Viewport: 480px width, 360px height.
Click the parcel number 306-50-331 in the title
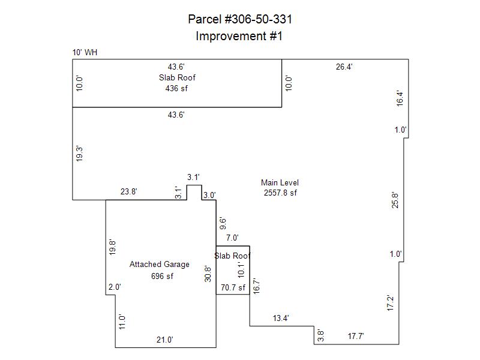coord(258,19)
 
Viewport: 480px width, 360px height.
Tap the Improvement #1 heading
coord(239,36)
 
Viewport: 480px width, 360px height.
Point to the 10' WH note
coord(85,52)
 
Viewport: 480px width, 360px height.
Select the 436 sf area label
coord(176,88)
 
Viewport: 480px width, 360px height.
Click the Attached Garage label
coord(160,265)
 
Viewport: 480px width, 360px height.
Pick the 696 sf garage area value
coord(162,276)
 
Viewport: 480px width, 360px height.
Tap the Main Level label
coord(280,183)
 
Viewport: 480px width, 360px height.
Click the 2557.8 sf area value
coord(280,193)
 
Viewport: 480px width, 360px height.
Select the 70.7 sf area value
coord(233,288)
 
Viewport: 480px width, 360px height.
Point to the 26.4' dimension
coord(344,67)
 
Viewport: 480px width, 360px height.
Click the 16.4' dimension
coord(400,98)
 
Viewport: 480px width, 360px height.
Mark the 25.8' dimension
coord(395,200)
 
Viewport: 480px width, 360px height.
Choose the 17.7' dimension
coord(356,336)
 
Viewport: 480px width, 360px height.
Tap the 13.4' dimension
coord(281,318)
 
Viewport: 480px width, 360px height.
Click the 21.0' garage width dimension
coord(164,340)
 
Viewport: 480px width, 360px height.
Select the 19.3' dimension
coord(79,154)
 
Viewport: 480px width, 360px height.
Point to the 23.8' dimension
coord(128,191)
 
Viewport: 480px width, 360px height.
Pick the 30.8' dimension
coord(208,274)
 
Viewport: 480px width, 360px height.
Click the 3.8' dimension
coord(320,335)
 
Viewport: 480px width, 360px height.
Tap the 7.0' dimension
coord(232,238)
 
